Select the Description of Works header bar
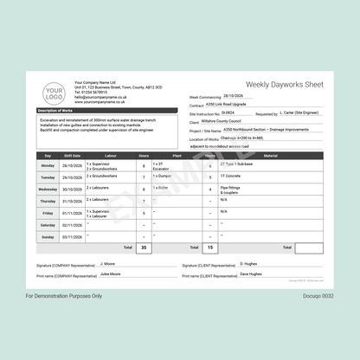pos(61,111)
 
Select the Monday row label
pos(48,164)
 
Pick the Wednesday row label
pos(48,189)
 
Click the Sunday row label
pos(48,236)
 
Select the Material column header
pos(270,155)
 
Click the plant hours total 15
pos(209,247)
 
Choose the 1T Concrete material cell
pos(232,176)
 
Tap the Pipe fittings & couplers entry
pos(232,190)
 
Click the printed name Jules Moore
pos(111,273)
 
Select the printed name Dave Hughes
pos(250,273)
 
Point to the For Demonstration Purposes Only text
pos(63,295)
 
